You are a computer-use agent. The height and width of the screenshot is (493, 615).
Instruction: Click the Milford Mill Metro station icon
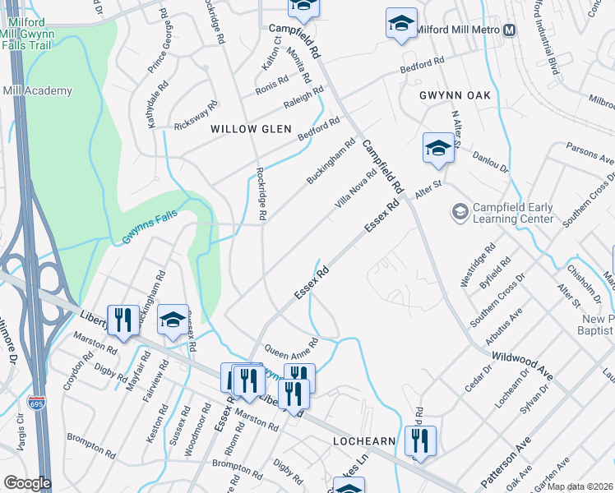(510, 30)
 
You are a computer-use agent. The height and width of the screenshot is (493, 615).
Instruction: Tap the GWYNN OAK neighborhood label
(455, 95)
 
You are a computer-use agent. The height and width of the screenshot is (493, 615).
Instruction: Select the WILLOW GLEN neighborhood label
(251, 129)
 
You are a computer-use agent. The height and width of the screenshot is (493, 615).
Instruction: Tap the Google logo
(26, 483)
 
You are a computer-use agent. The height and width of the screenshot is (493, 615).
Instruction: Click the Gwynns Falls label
(149, 237)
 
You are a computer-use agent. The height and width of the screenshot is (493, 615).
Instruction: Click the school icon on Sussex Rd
(173, 320)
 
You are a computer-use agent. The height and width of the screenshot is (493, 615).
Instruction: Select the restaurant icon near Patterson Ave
(420, 440)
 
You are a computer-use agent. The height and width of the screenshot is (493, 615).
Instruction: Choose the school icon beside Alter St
(438, 149)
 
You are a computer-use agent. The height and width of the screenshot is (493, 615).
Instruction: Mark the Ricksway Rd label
(197, 116)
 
